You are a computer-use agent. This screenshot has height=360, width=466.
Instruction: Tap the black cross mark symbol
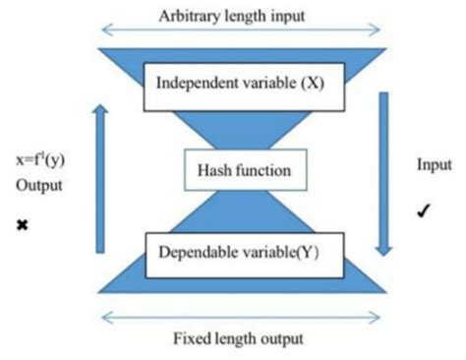22,226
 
